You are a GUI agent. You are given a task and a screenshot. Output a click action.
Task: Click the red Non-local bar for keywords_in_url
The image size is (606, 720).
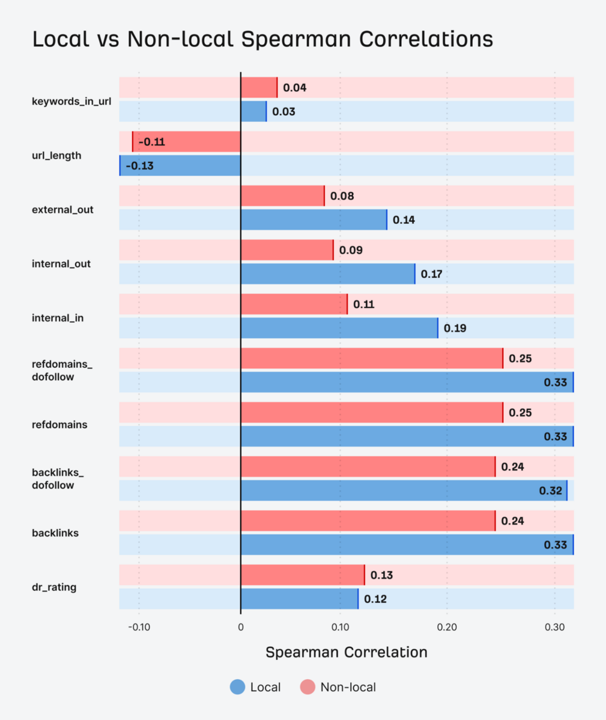[259, 88]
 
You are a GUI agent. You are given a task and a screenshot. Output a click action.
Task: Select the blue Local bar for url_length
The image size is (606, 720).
[180, 166]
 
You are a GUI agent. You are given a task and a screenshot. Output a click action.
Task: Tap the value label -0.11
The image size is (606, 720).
[151, 142]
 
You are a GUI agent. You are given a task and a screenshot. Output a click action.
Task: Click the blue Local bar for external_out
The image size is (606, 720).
[314, 220]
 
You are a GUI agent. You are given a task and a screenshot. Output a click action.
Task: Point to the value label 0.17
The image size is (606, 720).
[431, 274]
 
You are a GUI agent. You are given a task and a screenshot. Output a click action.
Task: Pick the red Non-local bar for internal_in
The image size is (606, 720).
[294, 304]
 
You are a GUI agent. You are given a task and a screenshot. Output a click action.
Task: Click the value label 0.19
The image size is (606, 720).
[455, 328]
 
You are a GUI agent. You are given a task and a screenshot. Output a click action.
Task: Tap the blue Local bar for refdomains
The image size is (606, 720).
[407, 436]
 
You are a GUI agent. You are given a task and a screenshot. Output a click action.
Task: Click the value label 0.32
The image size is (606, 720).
[550, 491]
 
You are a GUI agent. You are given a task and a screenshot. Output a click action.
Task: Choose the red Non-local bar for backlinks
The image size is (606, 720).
[368, 521]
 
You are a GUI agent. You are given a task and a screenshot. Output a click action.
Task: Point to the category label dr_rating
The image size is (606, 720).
[54, 587]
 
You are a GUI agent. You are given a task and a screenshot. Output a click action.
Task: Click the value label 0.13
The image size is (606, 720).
[381, 575]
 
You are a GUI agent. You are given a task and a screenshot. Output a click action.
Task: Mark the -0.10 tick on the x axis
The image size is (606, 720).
[139, 627]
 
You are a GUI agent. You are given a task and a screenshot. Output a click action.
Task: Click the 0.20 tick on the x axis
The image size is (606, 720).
[447, 627]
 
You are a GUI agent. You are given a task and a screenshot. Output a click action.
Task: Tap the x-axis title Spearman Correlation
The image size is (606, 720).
[346, 652]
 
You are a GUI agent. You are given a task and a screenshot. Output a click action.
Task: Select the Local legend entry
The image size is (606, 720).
[255, 687]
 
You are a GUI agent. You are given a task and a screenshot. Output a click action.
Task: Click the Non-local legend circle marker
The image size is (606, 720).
[308, 687]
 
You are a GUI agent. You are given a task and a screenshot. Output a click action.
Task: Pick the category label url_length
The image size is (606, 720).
[56, 155]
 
